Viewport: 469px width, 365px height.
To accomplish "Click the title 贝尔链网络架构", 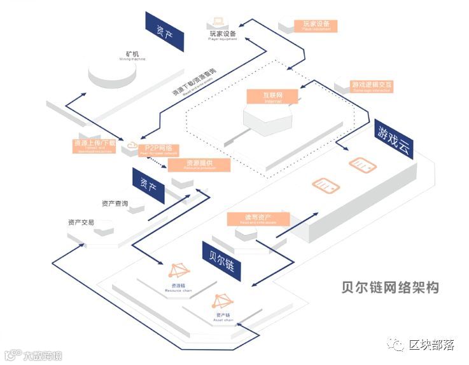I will click(x=389, y=287).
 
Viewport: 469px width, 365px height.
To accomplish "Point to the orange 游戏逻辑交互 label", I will click(x=372, y=85).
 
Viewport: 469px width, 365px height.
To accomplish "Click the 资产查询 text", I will click(x=115, y=203).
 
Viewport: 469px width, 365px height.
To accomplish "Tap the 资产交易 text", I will click(x=81, y=223).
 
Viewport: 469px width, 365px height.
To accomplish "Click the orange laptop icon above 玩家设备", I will click(x=223, y=22).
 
